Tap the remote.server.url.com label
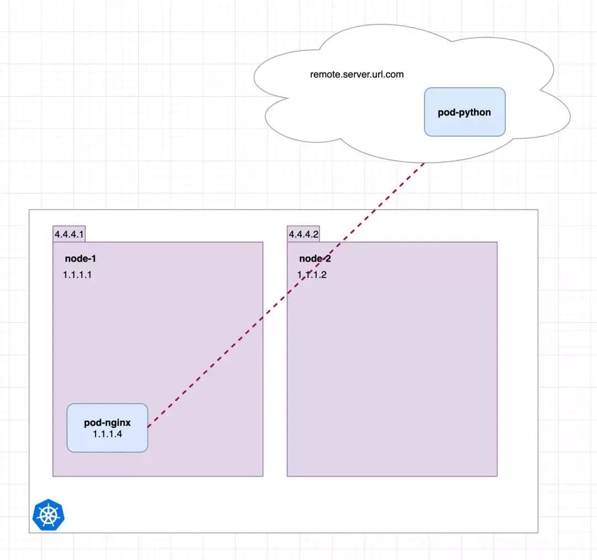pyautogui.click(x=357, y=74)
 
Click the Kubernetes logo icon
pyautogui.click(x=49, y=515)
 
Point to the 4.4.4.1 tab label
pyautogui.click(x=69, y=234)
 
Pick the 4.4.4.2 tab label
pyautogui.click(x=303, y=234)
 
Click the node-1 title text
pyautogui.click(x=81, y=258)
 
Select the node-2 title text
pyautogui.click(x=315, y=258)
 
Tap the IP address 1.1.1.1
pyautogui.click(x=77, y=275)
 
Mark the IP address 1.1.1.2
pyautogui.click(x=312, y=275)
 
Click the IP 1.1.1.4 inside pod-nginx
pyautogui.click(x=107, y=434)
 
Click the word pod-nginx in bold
pyautogui.click(x=107, y=423)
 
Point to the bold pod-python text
pyautogui.click(x=464, y=112)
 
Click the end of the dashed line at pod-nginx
pyautogui.click(x=149, y=426)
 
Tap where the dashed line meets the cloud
pyautogui.click(x=424, y=163)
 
